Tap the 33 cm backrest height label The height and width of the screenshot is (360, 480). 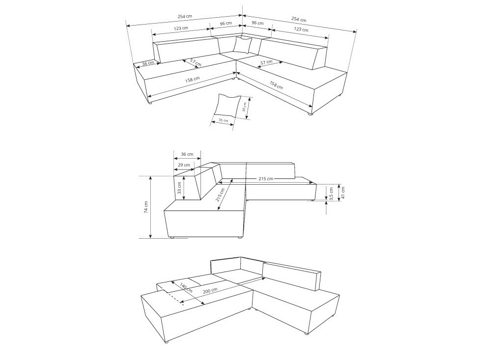coord(179,188)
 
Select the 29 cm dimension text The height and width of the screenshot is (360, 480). coord(184,165)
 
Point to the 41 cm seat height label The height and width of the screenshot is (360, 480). coord(343,192)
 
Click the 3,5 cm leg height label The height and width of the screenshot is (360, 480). coord(332,193)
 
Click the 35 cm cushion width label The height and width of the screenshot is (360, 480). coord(223,121)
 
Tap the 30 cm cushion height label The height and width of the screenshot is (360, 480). coord(245,107)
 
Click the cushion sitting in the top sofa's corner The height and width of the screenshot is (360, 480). coord(242,45)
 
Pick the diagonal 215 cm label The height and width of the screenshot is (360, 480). coord(220,195)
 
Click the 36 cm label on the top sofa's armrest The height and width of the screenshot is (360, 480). coord(148,63)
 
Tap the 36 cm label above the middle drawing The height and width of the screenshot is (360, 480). coord(187,154)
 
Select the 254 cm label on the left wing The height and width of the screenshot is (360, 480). coord(185,17)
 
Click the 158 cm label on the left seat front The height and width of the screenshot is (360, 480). coord(193,79)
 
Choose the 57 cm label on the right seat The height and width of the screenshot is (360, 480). coord(266,62)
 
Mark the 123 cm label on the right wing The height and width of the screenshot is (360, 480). coord(301,29)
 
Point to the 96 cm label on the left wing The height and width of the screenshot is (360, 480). coord(226,23)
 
